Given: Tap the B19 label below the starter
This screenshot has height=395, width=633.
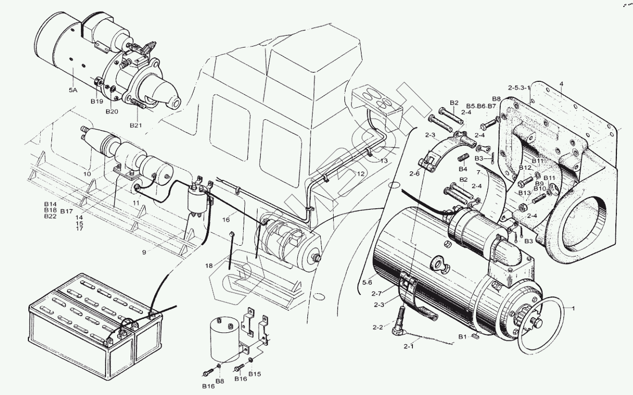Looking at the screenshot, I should pyautogui.click(x=96, y=101).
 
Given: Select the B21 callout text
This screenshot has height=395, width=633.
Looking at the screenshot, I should pyautogui.click(x=137, y=125).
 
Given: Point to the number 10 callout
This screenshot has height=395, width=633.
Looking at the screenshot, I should pyautogui.click(x=87, y=174).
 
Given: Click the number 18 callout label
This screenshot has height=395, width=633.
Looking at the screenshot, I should pyautogui.click(x=209, y=265).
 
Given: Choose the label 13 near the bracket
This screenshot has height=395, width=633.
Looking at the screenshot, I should pyautogui.click(x=384, y=161).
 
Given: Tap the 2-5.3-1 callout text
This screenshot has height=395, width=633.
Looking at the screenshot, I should pyautogui.click(x=519, y=87).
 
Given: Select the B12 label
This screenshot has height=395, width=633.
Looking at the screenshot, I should pyautogui.click(x=525, y=168).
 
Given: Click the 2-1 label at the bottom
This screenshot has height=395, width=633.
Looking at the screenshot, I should pyautogui.click(x=409, y=347).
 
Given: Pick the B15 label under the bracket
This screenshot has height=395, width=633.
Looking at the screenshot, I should pyautogui.click(x=254, y=373).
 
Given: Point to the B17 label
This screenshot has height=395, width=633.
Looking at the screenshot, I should pyautogui.click(x=66, y=211).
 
